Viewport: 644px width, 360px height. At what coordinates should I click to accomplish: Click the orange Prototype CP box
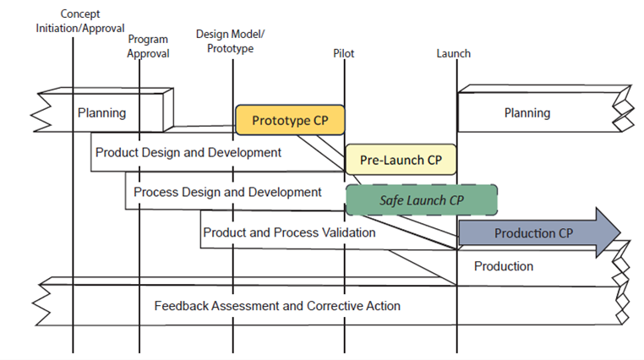point(290,120)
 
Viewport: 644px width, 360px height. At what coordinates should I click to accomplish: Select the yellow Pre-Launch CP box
point(400,159)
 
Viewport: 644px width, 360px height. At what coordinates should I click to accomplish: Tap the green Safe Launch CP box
point(421,200)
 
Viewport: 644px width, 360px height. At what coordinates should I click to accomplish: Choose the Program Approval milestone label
point(148,46)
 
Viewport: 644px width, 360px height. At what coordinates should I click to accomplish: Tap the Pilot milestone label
point(344,53)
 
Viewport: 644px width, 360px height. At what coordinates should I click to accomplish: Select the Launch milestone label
point(453,53)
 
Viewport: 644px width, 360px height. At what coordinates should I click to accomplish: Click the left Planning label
point(101,112)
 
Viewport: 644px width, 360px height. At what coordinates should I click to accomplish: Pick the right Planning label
point(527,112)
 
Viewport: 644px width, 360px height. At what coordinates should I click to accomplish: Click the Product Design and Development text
point(188,153)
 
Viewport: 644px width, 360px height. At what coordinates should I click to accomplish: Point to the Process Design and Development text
point(227,193)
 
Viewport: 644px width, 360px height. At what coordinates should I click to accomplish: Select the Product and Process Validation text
point(289,232)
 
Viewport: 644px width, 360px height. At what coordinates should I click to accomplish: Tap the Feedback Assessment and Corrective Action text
point(277,305)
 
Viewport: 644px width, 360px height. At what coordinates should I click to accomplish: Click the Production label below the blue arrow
point(504,266)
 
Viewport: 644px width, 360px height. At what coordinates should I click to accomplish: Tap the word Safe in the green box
point(393,200)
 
